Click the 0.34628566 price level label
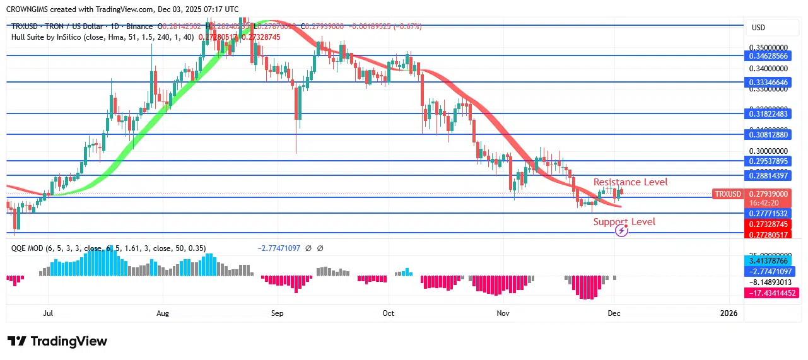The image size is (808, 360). tap(768, 56)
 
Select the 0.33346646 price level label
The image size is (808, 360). tap(768, 83)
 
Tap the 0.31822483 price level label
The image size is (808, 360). tap(768, 114)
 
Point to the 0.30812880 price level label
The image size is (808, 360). tap(768, 135)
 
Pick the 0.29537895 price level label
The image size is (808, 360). tap(768, 161)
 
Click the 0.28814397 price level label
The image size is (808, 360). tap(768, 176)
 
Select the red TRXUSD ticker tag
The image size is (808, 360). tap(727, 194)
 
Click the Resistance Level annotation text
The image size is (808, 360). tap(630, 182)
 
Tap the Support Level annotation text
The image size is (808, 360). tap(624, 222)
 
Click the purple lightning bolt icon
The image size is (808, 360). tap(621, 231)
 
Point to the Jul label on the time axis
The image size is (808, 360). tap(47, 313)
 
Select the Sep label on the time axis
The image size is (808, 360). tap(278, 313)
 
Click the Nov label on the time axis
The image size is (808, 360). tap(503, 313)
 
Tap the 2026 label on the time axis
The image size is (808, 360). tap(729, 313)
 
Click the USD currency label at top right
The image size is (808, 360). tap(758, 28)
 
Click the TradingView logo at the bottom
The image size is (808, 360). tap(57, 341)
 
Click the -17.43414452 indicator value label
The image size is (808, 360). tap(771, 293)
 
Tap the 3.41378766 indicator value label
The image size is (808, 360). tap(768, 260)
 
